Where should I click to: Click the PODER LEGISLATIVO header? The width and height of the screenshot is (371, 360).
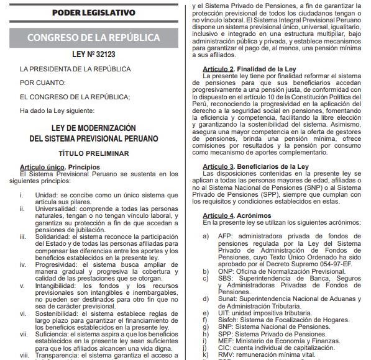click(x=93, y=12)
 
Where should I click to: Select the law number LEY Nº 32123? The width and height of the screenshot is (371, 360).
click(x=93, y=55)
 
